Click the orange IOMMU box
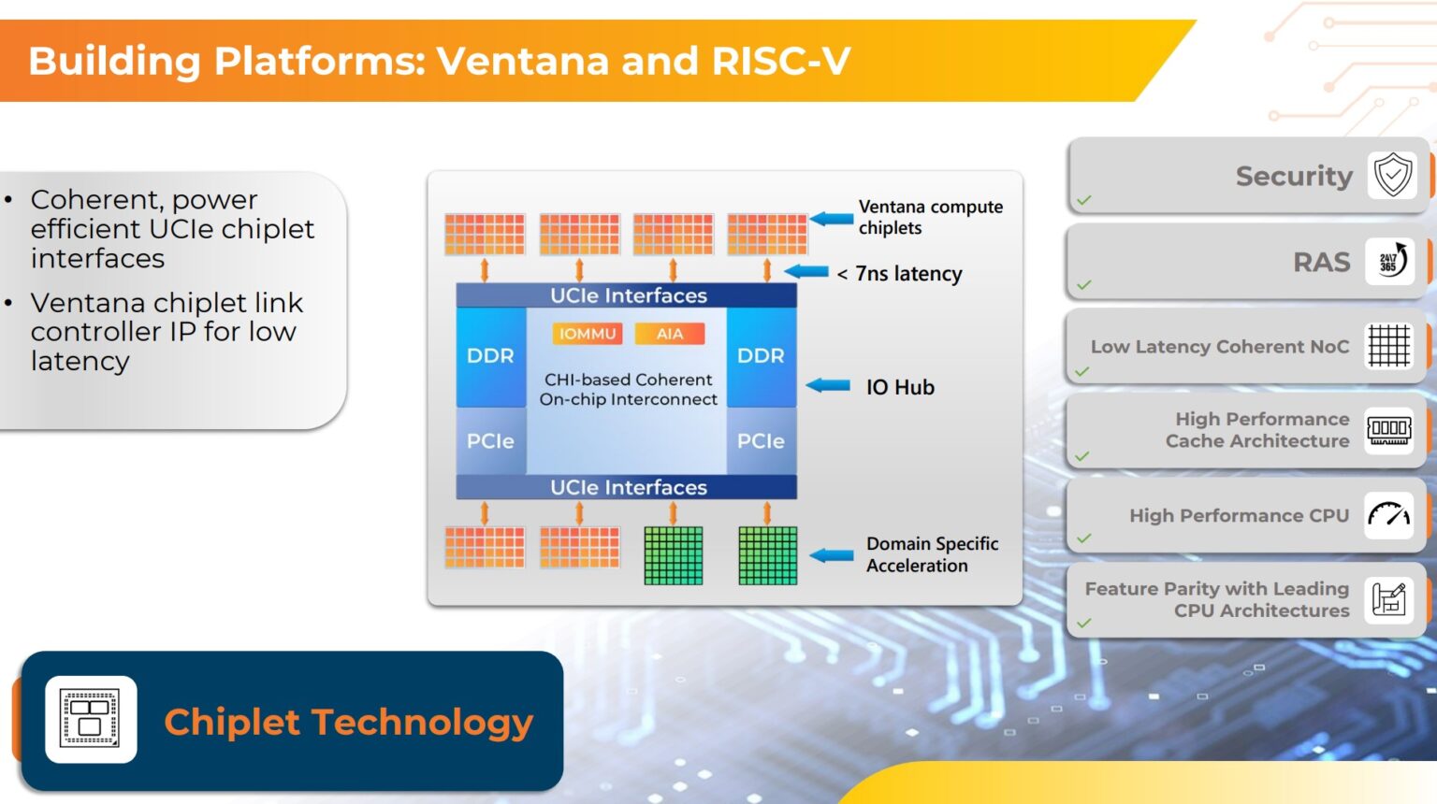coord(588,334)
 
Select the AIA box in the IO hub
coord(670,334)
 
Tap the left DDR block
coord(490,356)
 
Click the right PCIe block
coord(761,441)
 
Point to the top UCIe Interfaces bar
coord(627,295)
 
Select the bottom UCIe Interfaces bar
coord(627,487)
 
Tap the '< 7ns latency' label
coord(900,274)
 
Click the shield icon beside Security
coord(1392,175)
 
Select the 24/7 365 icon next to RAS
coord(1390,261)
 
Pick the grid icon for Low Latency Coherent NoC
coord(1388,346)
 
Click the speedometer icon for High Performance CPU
coord(1388,515)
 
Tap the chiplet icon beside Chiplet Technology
coord(91,719)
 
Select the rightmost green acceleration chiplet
coord(767,555)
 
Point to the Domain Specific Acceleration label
coord(932,554)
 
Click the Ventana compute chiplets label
coord(930,217)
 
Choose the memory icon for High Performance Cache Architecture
coord(1388,430)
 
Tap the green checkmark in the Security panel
coord(1083,200)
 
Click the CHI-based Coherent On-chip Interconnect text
coord(628,390)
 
